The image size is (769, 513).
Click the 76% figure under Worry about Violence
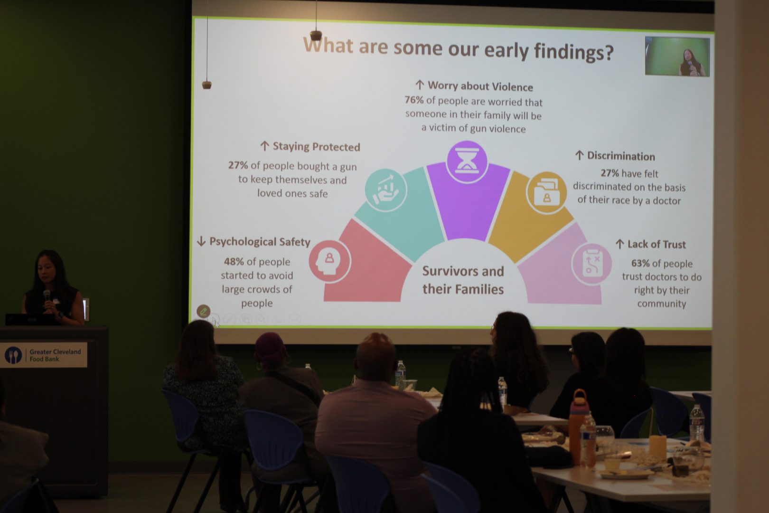413,100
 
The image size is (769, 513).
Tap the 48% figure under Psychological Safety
234,261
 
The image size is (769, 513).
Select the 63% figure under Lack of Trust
640,263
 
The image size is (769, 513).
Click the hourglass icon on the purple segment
467,161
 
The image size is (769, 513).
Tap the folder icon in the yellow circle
546,192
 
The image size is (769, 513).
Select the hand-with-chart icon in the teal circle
386,190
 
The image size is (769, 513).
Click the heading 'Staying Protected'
316,147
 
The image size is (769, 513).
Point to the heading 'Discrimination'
621,156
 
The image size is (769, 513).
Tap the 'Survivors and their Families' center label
463,280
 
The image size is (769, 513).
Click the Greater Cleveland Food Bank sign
44,355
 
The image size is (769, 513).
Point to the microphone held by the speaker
47,295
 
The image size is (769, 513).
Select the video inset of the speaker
677,57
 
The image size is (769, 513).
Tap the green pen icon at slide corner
203,311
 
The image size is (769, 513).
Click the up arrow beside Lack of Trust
619,244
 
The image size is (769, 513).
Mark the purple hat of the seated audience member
270,345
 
